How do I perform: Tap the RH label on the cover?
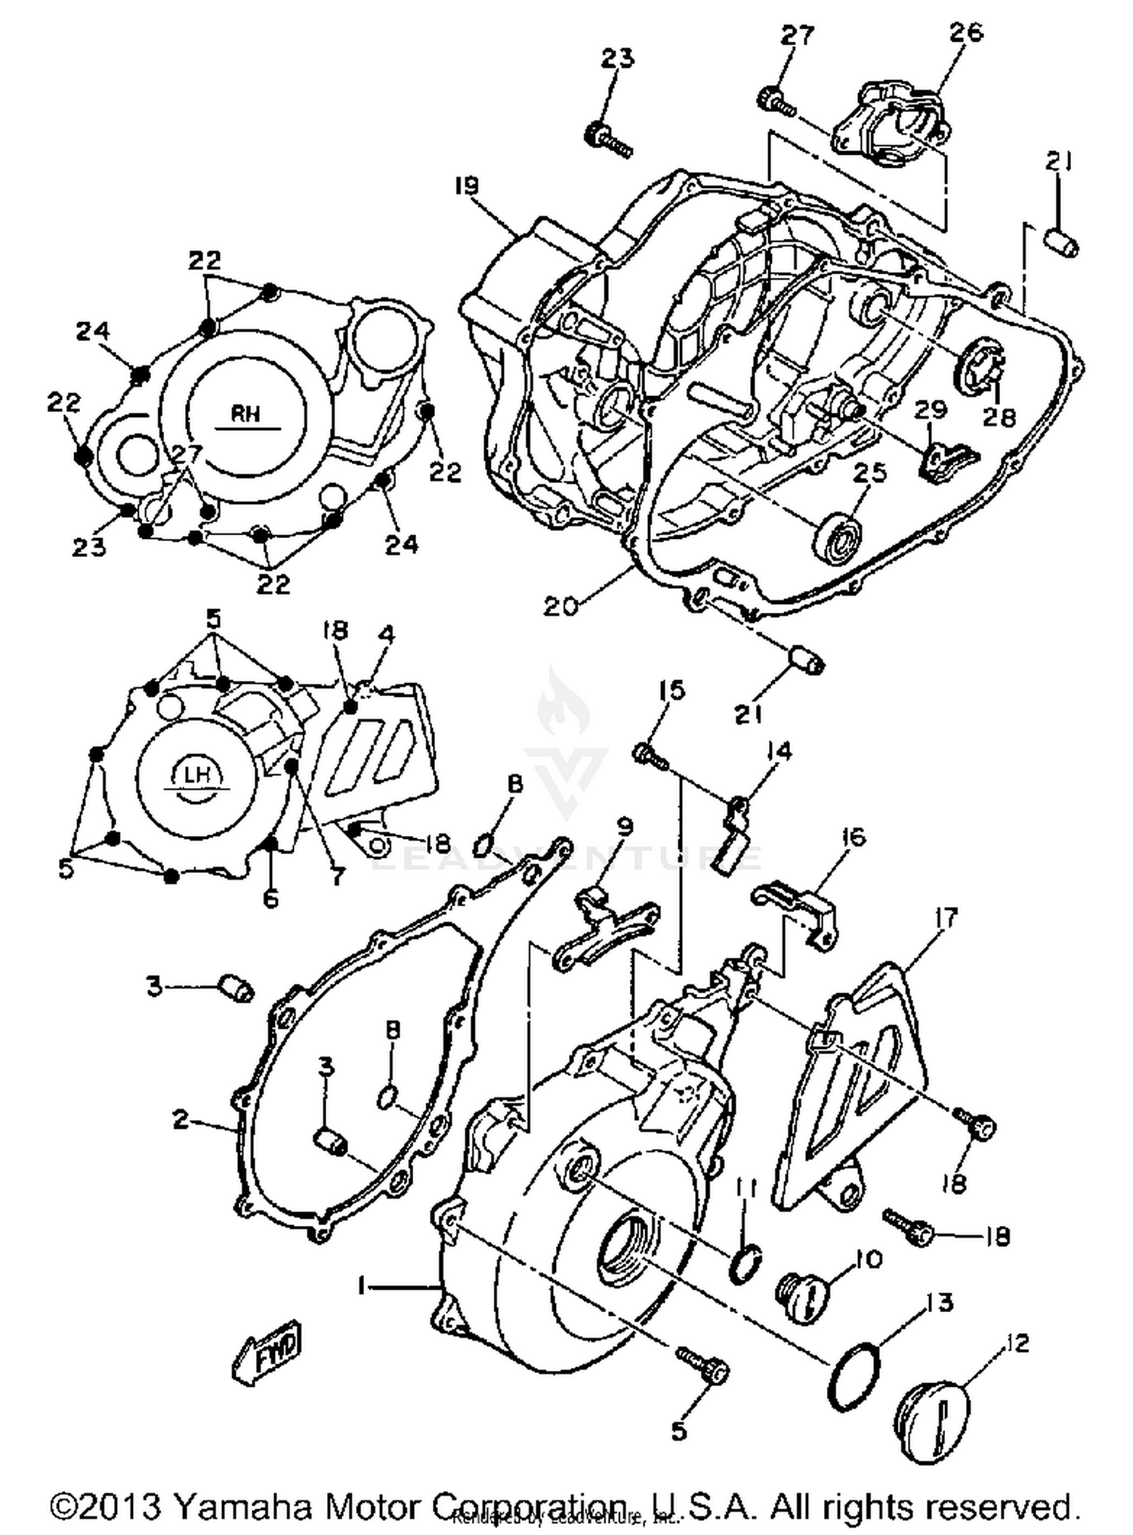[x=245, y=413]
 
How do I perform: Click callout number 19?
[x=468, y=186]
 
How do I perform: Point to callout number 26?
[x=966, y=32]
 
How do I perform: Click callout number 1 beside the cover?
[x=363, y=1284]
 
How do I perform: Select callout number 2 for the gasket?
[x=181, y=1119]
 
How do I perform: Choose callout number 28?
[x=999, y=416]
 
